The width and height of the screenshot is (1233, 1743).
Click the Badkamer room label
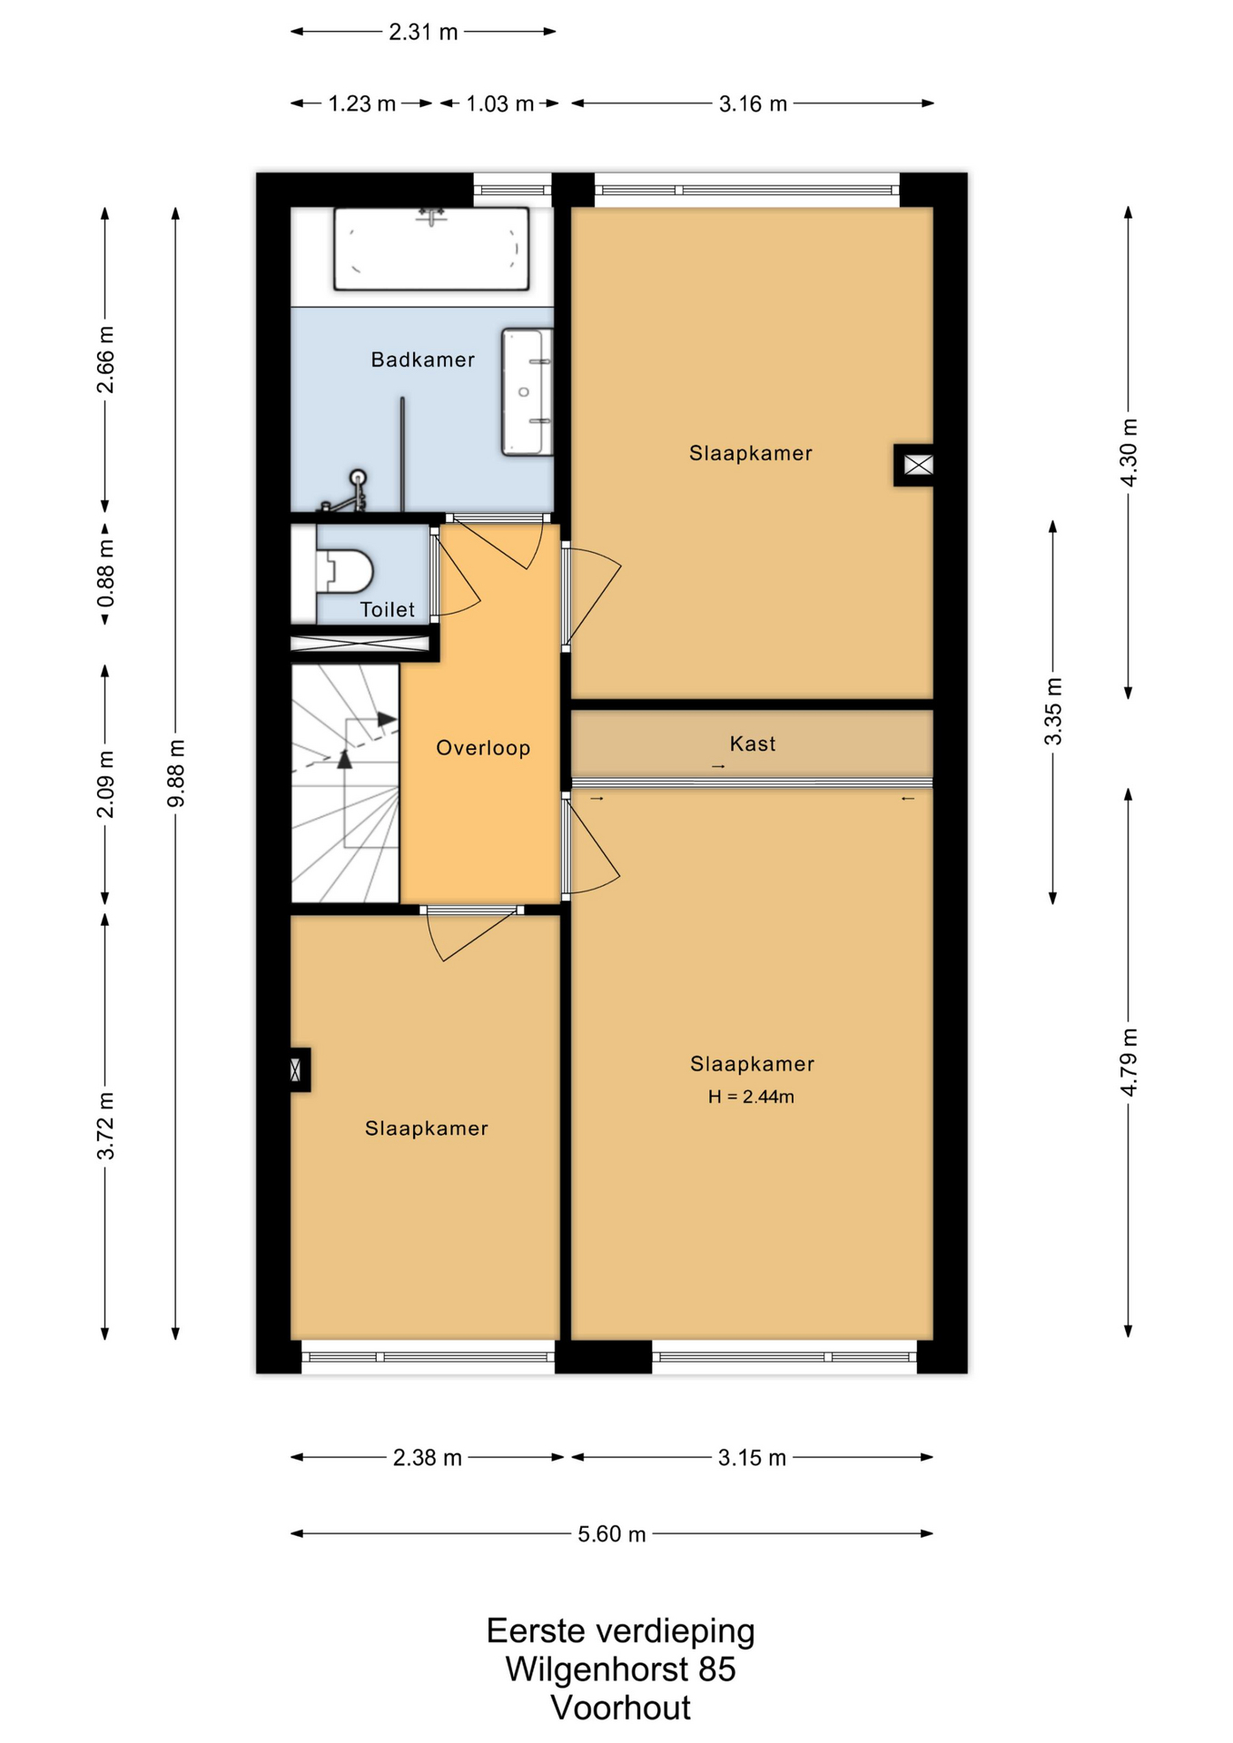pyautogui.click(x=422, y=359)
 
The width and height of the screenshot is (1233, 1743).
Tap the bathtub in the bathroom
pyautogui.click(x=431, y=249)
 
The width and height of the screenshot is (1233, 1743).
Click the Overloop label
pyautogui.click(x=483, y=748)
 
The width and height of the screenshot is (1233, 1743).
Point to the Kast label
pyautogui.click(x=753, y=743)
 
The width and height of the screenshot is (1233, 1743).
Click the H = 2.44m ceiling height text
pyautogui.click(x=751, y=1097)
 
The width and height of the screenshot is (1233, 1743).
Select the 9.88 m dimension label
pyautogui.click(x=176, y=773)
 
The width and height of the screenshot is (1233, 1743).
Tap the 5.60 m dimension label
pyautogui.click(x=612, y=1534)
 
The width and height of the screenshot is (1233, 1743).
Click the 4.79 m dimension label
pyautogui.click(x=1129, y=1062)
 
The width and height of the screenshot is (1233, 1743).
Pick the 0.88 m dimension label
pyautogui.click(x=105, y=574)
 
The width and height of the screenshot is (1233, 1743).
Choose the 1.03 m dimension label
pyautogui.click(x=499, y=103)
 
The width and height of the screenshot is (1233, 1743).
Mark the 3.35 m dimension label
pyautogui.click(x=1053, y=711)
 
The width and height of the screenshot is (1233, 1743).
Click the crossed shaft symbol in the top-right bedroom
pyautogui.click(x=918, y=465)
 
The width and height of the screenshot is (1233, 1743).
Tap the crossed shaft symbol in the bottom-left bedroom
pyautogui.click(x=296, y=1069)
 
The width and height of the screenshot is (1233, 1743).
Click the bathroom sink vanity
pyautogui.click(x=527, y=392)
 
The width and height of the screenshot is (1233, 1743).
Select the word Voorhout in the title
pyautogui.click(x=620, y=1708)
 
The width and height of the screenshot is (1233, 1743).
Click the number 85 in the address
pyautogui.click(x=716, y=1669)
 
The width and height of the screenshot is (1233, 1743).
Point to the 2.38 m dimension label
pyautogui.click(x=427, y=1458)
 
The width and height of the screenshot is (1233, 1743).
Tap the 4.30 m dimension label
pyautogui.click(x=1129, y=452)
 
